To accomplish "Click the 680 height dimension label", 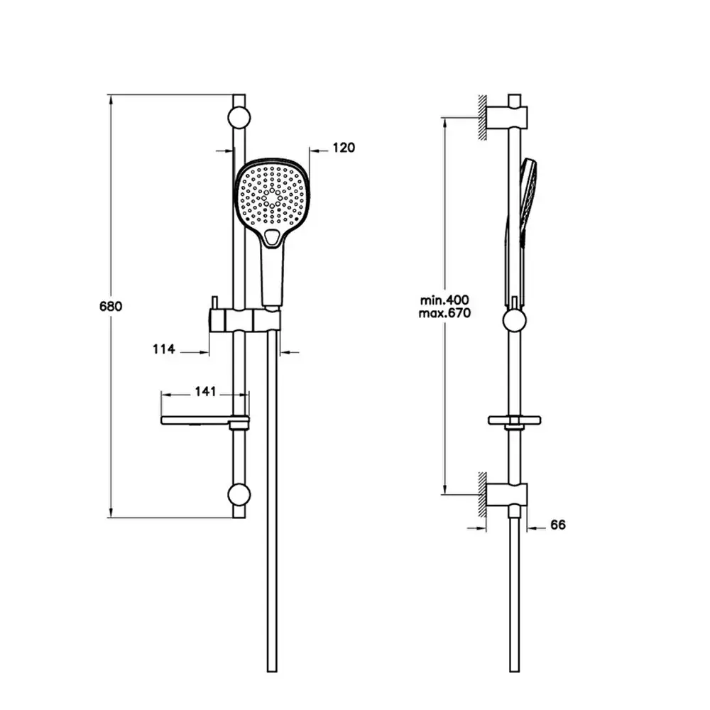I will [111, 307].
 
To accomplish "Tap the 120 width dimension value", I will [343, 148].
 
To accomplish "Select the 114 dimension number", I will [163, 349].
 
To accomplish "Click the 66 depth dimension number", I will [557, 525].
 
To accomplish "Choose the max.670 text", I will [445, 312].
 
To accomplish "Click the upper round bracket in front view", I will [239, 117].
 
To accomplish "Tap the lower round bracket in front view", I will [239, 494].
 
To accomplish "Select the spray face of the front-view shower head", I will [274, 195].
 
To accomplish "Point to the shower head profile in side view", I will [528, 199].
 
